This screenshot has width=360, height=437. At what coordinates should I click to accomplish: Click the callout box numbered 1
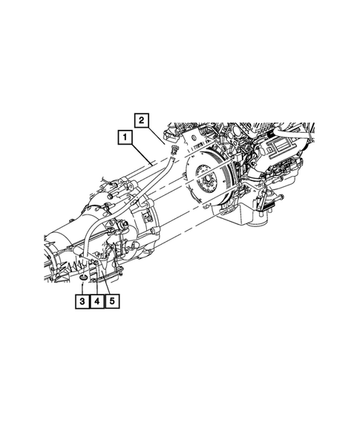click(x=124, y=137)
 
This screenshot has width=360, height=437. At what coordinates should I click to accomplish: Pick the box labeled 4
click(x=96, y=301)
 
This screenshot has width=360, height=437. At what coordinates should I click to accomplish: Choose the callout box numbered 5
click(x=112, y=301)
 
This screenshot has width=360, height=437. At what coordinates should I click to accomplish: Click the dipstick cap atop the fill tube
click(x=174, y=152)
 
